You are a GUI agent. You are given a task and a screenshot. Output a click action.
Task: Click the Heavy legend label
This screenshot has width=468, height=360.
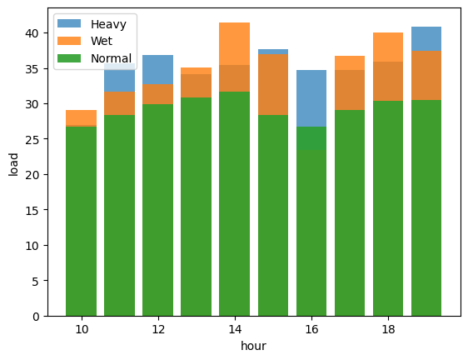(x=108, y=24)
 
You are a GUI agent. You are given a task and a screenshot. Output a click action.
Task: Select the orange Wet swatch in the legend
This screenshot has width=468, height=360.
(x=69, y=41)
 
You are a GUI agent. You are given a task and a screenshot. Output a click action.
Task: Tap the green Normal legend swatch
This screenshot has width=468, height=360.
(x=69, y=58)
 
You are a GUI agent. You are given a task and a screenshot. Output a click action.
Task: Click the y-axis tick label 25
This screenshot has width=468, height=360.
(x=32, y=139)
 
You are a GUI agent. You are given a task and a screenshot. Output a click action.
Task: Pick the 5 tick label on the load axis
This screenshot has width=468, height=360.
(x=36, y=281)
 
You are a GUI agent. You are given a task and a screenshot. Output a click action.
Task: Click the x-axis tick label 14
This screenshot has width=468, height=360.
(x=235, y=329)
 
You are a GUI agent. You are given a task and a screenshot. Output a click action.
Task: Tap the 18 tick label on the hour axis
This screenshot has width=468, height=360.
(x=388, y=329)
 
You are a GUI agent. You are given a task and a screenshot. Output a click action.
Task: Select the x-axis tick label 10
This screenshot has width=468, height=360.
(x=82, y=329)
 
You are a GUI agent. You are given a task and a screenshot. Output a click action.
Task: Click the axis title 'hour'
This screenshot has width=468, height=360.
(x=253, y=346)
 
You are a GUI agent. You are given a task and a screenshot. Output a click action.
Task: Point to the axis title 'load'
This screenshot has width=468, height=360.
(x=13, y=165)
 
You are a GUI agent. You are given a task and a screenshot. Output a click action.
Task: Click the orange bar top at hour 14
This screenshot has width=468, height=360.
(x=234, y=43)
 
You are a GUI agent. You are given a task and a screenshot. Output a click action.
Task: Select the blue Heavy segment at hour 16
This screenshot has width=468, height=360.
(x=311, y=98)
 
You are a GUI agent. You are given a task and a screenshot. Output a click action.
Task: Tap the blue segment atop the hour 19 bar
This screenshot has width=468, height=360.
(x=426, y=39)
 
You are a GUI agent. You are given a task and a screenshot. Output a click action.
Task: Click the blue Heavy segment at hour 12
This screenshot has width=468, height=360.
(x=157, y=70)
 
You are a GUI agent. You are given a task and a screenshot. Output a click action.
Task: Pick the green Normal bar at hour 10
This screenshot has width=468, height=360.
(x=81, y=221)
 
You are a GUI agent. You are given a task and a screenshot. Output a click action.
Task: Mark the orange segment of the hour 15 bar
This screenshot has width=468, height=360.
(x=273, y=84)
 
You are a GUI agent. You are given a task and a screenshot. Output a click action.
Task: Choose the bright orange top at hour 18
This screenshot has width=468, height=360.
(x=388, y=47)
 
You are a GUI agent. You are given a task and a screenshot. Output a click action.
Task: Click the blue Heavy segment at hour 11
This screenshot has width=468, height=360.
(x=119, y=77)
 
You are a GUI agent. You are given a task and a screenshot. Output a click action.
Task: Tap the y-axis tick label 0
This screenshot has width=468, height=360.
(x=36, y=317)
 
